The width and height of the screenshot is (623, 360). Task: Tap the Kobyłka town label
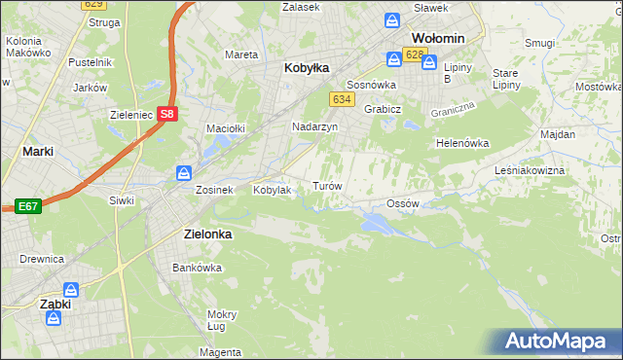point(307,68)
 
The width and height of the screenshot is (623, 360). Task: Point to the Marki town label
point(37,152)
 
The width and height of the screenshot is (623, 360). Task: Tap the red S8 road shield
point(167,113)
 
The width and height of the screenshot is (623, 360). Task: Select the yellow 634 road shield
point(341,100)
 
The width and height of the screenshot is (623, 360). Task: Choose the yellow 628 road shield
point(415,54)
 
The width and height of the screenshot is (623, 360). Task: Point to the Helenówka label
point(461,143)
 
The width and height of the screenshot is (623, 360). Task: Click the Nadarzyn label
point(314,127)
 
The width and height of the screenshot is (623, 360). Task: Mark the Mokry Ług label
point(222,321)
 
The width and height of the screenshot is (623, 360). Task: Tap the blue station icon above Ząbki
point(71,289)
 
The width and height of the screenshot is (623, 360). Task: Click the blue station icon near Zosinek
point(184,172)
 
